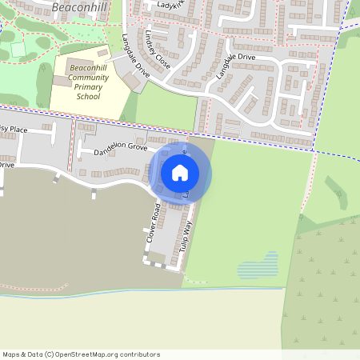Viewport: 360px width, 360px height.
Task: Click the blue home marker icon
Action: (x=180, y=172)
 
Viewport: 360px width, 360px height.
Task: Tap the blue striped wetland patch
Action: (x=258, y=266)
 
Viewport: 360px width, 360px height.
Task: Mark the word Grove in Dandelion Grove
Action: (x=134, y=148)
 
